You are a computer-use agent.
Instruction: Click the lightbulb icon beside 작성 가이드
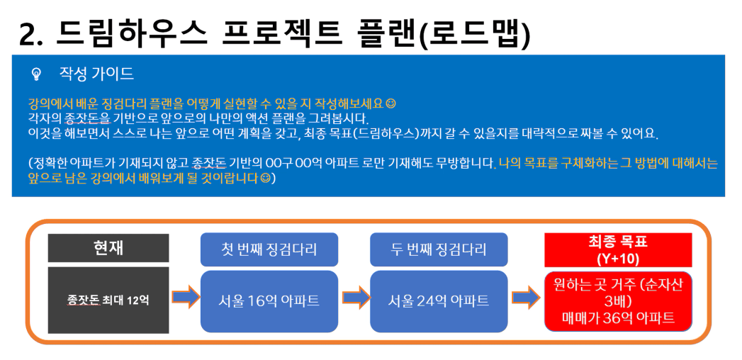click(x=36, y=74)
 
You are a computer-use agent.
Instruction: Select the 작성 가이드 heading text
click(x=96, y=74)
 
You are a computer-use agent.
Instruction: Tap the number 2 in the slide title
click(x=29, y=35)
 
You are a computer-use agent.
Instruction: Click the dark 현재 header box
click(x=108, y=247)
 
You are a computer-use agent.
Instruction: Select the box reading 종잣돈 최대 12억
click(x=108, y=300)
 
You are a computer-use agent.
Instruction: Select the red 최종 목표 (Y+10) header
click(x=618, y=249)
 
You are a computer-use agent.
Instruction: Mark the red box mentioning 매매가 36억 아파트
click(x=618, y=301)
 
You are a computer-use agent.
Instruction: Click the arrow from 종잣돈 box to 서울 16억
click(x=186, y=297)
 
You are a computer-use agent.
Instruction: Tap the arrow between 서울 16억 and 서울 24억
click(x=355, y=297)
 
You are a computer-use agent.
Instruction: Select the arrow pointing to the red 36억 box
click(x=526, y=297)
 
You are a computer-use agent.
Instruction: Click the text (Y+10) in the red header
click(x=618, y=259)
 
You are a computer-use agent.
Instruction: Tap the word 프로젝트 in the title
click(x=281, y=33)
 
